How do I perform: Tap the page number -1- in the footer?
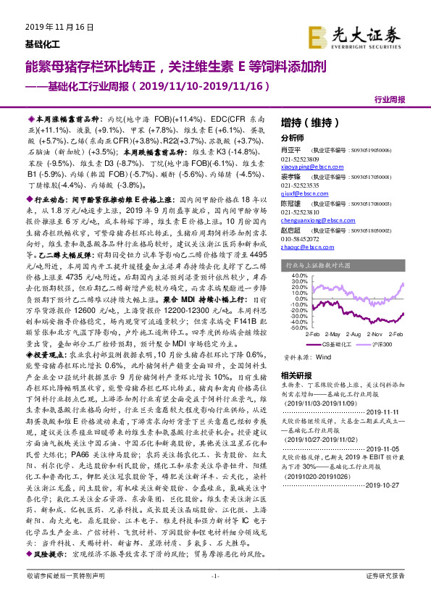pyautogui.click(x=214, y=596)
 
